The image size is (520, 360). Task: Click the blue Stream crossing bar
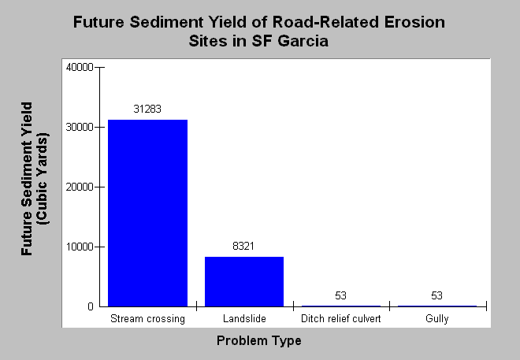tap(148, 213)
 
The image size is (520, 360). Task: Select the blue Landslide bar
tap(244, 282)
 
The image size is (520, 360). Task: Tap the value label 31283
tap(147, 109)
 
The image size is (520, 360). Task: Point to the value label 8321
tap(243, 246)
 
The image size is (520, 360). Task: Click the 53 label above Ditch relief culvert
tap(340, 295)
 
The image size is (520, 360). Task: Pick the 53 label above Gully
tap(436, 295)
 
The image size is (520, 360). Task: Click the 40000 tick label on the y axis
tap(80, 67)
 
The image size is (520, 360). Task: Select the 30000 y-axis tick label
tap(80, 128)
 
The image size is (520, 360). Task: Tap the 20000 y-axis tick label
tap(80, 187)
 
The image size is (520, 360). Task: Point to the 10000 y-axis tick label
tap(80, 247)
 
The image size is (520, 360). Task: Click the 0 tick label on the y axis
tap(91, 306)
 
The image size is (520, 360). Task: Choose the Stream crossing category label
tap(147, 318)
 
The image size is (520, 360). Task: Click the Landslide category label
tap(244, 318)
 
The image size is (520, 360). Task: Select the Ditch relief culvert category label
tap(341, 318)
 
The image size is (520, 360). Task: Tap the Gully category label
tap(437, 318)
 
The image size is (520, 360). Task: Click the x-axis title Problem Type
tap(259, 341)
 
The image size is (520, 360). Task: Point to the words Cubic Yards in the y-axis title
tap(43, 179)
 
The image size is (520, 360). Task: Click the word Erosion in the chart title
tap(414, 22)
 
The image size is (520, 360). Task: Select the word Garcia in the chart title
tap(303, 41)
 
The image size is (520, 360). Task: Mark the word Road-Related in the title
tap(325, 22)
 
